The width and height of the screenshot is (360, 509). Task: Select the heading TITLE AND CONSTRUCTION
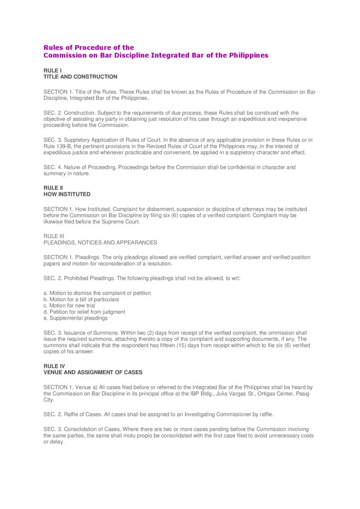[x=81, y=77]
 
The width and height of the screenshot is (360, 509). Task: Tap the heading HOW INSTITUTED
[x=67, y=194]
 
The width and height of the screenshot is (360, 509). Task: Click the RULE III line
[x=54, y=236]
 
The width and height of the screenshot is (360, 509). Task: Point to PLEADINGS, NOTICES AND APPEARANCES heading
[x=100, y=243]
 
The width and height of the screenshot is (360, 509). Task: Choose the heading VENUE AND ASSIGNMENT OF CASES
[x=93, y=372]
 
